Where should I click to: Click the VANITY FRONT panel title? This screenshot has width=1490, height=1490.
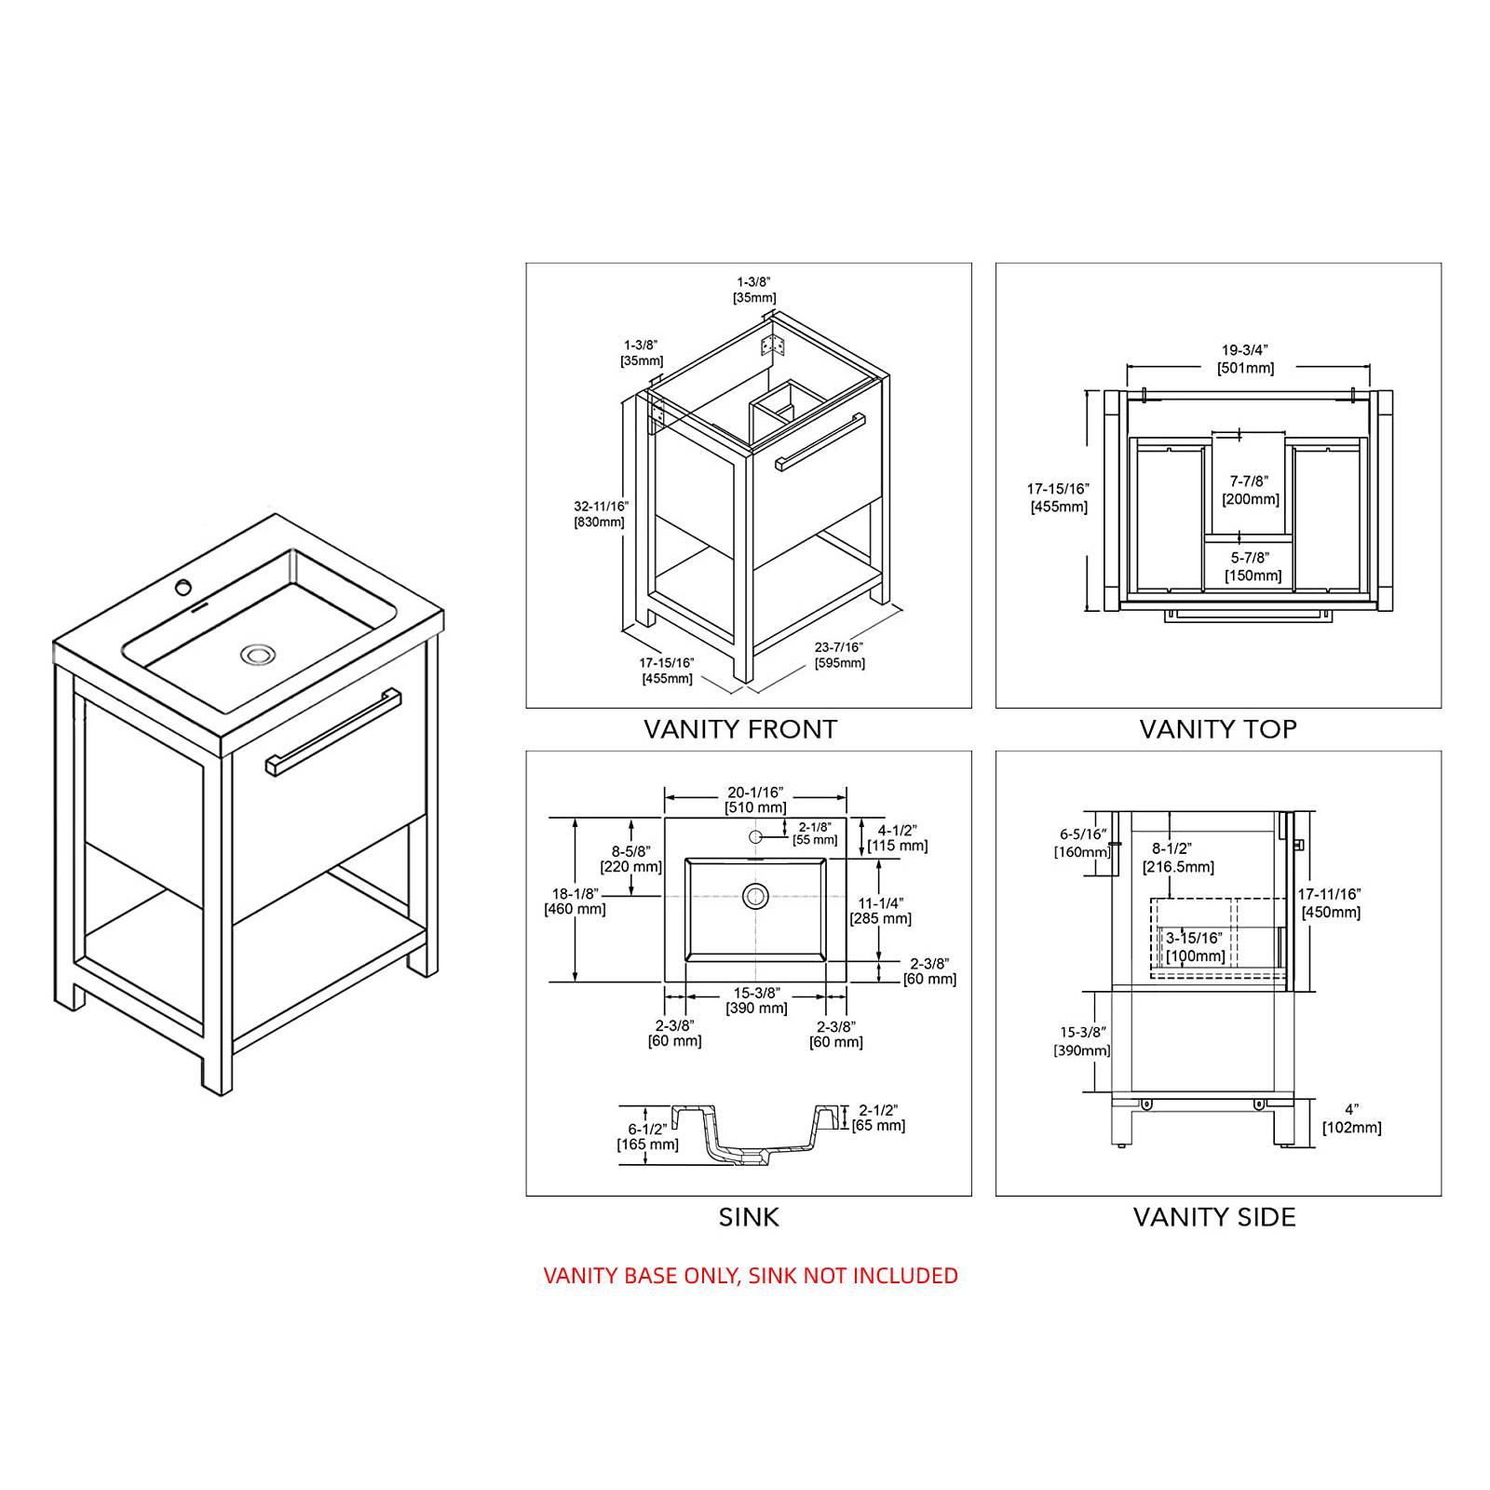pyautogui.click(x=740, y=729)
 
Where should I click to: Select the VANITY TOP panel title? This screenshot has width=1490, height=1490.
pyautogui.click(x=1218, y=729)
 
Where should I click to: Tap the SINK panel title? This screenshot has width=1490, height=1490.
pyautogui.click(x=749, y=1217)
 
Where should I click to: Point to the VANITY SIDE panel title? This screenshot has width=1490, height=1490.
pyautogui.click(x=1214, y=1217)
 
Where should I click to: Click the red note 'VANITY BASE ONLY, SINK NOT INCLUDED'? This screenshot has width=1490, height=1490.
pyautogui.click(x=751, y=1275)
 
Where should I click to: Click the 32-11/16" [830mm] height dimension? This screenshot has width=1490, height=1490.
pyautogui.click(x=601, y=514)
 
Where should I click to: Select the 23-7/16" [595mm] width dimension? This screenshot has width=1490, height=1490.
pyautogui.click(x=840, y=656)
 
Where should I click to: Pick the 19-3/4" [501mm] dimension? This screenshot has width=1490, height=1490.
pyautogui.click(x=1246, y=359)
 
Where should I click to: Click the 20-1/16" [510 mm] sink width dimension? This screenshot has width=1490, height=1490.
pyautogui.click(x=755, y=800)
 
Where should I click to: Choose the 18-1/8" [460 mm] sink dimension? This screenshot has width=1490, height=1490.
pyautogui.click(x=575, y=901)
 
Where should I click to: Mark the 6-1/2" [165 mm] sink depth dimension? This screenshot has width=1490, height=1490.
pyautogui.click(x=647, y=1136)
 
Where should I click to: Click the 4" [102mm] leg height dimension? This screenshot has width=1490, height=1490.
pyautogui.click(x=1352, y=1119)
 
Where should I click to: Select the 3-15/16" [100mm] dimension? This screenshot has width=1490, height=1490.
pyautogui.click(x=1195, y=948)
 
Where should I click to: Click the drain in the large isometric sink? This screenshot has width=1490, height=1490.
pyautogui.click(x=256, y=655)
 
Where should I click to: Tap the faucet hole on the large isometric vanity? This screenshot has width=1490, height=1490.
pyautogui.click(x=184, y=587)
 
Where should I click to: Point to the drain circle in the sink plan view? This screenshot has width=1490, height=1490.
pyautogui.click(x=755, y=897)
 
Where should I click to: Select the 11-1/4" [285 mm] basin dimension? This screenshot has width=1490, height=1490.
pyautogui.click(x=880, y=911)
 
